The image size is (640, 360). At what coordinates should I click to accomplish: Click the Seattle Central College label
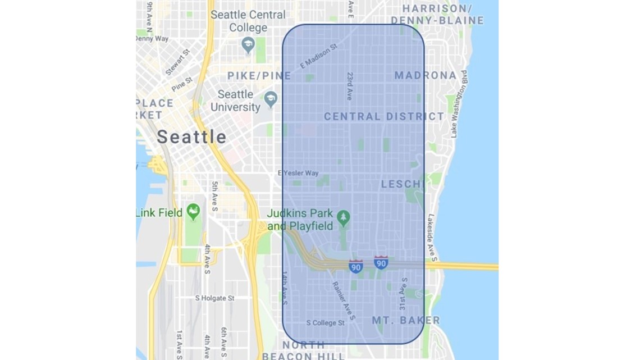point(248,21)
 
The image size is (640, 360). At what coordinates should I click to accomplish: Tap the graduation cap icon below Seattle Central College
point(248,44)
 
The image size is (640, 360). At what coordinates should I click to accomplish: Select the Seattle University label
point(235,101)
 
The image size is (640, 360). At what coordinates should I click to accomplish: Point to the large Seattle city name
point(191,136)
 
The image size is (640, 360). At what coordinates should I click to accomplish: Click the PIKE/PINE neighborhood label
point(259,75)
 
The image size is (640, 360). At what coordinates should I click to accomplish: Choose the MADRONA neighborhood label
point(425,75)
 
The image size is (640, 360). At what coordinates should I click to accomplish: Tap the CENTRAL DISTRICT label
point(384,117)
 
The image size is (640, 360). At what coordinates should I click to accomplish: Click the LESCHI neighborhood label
point(402,184)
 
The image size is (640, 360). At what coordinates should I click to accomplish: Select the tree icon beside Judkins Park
point(344,217)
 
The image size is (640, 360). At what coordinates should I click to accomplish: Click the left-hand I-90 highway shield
point(355,266)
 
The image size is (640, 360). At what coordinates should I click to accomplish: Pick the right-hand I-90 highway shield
point(381,262)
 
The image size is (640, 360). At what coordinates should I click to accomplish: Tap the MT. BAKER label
point(406,320)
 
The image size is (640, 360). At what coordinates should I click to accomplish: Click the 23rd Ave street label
point(350,86)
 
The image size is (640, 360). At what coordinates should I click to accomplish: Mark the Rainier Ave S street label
point(343,300)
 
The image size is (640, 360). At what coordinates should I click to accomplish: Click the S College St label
point(325,323)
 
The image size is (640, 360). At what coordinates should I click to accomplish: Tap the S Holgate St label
point(214,298)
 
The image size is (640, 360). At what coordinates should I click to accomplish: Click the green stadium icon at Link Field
point(193,212)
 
